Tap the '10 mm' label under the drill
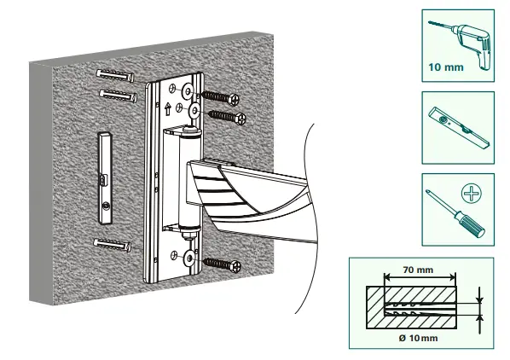pos(445,67)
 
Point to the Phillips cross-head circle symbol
pos(472,194)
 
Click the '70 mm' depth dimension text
pos(418,270)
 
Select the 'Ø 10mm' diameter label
pos(418,338)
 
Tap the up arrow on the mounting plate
pos(168,109)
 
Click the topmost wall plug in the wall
pos(115,75)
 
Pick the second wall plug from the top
pos(118,96)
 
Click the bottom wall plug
pos(113,245)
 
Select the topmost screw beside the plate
pos(220,97)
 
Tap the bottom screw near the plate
pos(222,264)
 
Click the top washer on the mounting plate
pos(188,90)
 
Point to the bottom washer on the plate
pos(188,258)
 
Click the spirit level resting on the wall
pos(105,178)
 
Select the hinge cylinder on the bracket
pos(189,179)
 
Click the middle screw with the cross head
pos(227,117)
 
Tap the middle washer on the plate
pos(194,111)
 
